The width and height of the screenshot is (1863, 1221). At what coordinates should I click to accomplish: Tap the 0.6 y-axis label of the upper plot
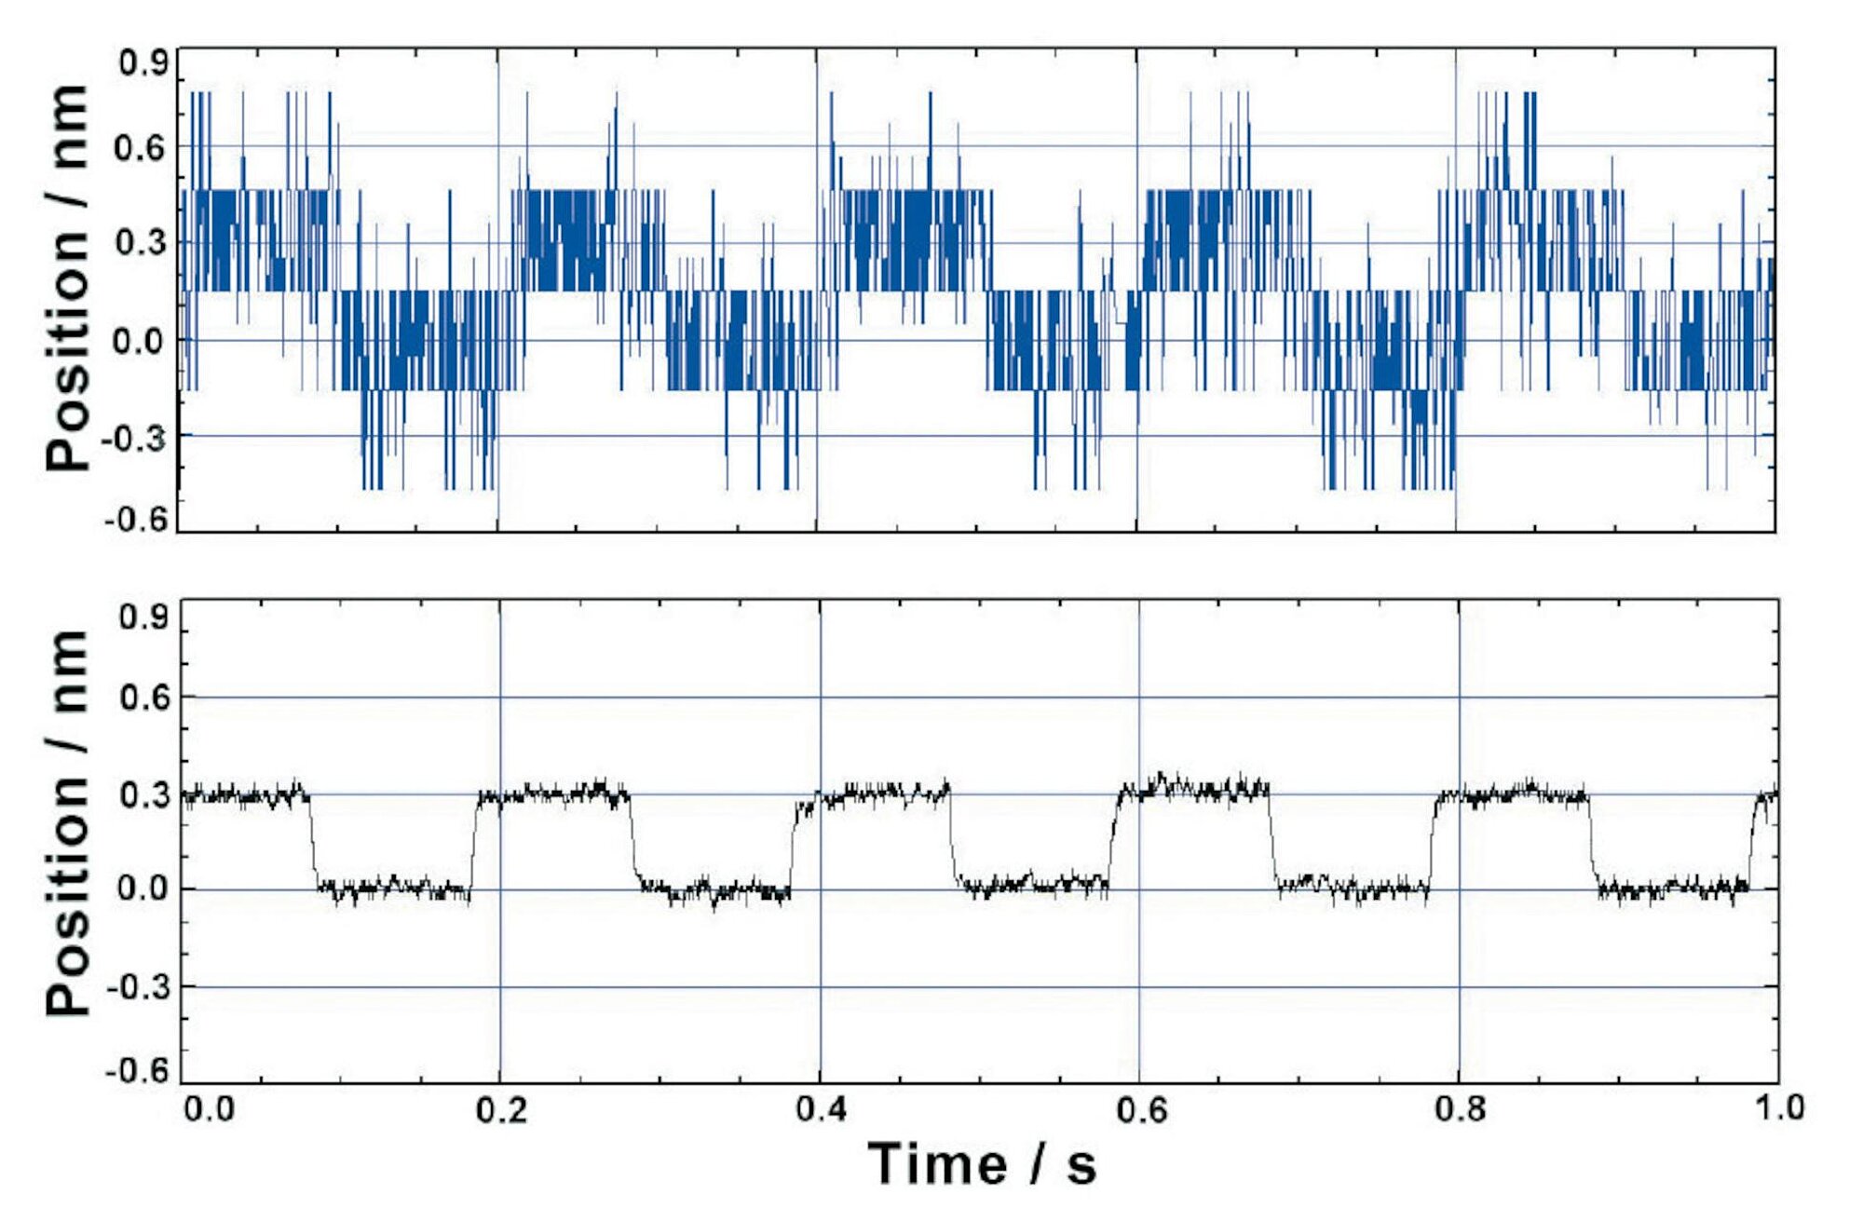[142, 148]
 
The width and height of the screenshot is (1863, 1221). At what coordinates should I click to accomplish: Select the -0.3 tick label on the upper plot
[137, 438]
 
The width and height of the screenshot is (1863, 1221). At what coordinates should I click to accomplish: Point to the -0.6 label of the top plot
[137, 519]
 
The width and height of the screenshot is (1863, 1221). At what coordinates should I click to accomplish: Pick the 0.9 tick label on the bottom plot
[144, 617]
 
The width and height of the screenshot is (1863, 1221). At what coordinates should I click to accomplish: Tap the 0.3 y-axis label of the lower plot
[144, 795]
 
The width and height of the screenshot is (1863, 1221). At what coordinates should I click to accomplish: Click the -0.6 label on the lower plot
[138, 1070]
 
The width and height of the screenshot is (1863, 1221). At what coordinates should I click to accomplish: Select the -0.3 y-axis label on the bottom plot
[138, 986]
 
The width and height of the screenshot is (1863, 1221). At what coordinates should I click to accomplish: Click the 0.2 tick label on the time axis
[501, 1109]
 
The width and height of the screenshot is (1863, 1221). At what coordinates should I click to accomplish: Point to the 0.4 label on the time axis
[821, 1109]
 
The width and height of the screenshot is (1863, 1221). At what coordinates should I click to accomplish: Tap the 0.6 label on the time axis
[1140, 1109]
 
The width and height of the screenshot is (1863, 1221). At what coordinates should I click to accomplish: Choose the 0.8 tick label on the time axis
[1460, 1109]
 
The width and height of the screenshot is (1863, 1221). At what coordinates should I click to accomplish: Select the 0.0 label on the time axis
[209, 1109]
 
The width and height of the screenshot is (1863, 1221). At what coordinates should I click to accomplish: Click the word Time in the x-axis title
[937, 1164]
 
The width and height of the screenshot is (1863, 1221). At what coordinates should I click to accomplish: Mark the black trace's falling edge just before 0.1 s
[312, 838]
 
